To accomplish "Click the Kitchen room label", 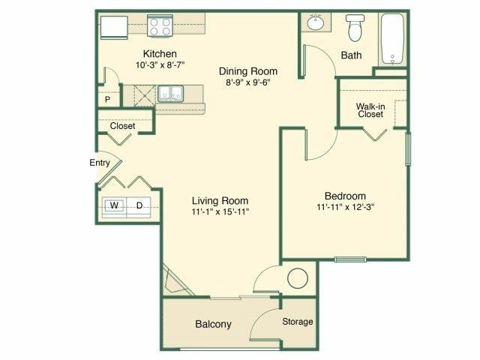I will [x=160, y=54].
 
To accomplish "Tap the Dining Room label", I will [x=244, y=71].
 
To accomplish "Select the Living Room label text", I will [x=220, y=200].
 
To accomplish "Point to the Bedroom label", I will [x=345, y=194].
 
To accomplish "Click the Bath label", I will [x=351, y=55].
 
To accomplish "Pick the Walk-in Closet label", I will [x=370, y=109].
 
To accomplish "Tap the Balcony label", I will [x=213, y=325].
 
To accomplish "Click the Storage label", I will [x=297, y=322].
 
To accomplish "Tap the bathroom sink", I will [x=316, y=23].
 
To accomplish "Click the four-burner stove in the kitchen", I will [x=159, y=27].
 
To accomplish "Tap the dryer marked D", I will [x=139, y=205].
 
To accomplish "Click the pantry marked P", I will [x=108, y=99].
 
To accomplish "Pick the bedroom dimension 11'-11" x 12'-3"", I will [x=345, y=206].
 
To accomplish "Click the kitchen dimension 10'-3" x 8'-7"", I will [x=160, y=66].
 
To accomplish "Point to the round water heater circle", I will [x=298, y=278].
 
